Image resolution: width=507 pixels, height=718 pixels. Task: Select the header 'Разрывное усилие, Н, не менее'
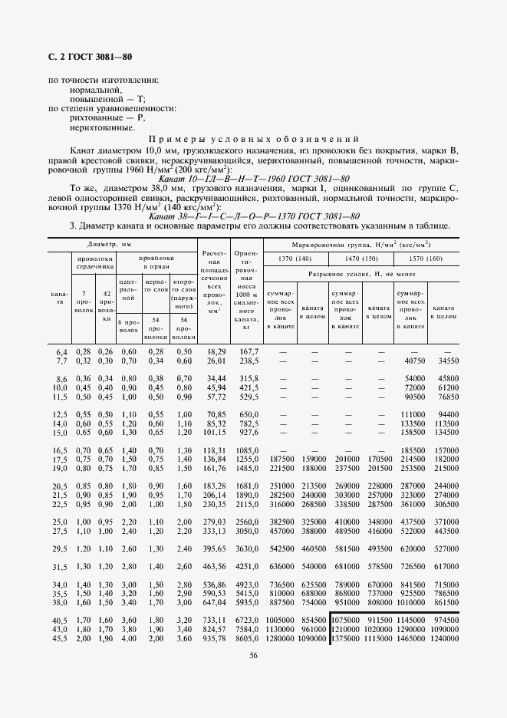pos(362,273)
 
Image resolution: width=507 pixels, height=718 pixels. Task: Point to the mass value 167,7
pos(248,351)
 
